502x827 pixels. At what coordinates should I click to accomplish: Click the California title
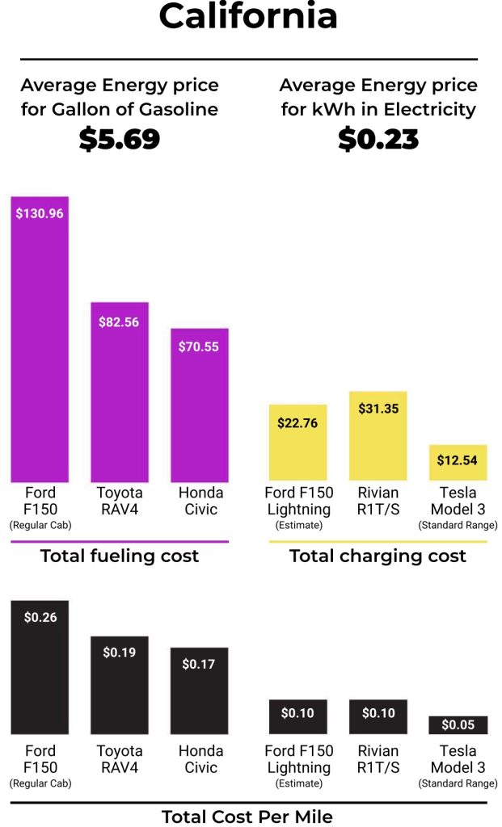248,16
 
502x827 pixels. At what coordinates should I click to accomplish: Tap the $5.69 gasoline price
120,139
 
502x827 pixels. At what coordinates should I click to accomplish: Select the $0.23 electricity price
378,139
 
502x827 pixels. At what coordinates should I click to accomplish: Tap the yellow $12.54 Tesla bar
458,462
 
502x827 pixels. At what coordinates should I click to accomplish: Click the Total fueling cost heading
120,556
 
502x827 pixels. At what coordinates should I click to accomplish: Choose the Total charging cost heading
378,556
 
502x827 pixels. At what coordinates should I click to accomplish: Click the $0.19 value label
120,652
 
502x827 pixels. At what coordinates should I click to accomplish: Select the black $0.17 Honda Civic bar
199,691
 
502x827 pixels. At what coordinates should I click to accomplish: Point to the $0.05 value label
458,724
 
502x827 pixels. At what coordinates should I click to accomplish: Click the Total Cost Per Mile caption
247,817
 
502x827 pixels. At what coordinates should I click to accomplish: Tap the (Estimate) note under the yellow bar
298,525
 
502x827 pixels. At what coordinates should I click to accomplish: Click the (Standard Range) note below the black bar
458,783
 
